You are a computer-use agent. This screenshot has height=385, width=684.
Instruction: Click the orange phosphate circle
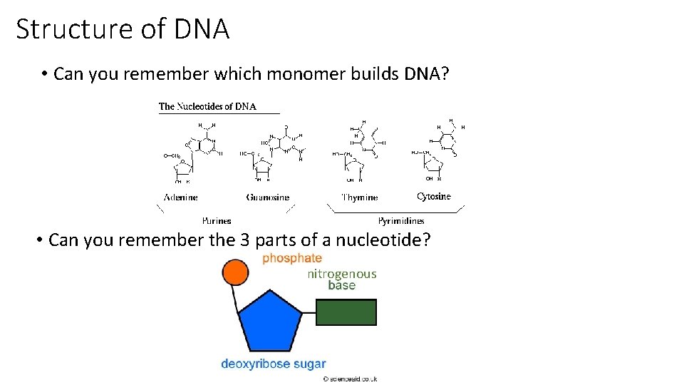click(x=235, y=272)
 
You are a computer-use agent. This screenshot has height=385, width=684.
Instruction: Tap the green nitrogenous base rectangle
click(x=346, y=312)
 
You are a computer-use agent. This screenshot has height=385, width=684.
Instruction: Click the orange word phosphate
click(x=292, y=258)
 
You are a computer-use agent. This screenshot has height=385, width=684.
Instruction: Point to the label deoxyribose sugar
click(x=274, y=364)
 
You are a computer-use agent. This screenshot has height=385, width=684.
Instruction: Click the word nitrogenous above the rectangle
click(x=342, y=274)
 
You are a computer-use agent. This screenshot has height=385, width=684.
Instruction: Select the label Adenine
click(x=181, y=197)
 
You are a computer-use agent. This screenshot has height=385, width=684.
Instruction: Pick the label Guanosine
click(x=268, y=197)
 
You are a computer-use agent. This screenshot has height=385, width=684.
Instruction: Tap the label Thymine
click(x=360, y=197)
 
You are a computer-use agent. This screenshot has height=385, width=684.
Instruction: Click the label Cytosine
click(x=434, y=196)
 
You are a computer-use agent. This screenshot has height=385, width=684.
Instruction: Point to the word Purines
click(x=217, y=221)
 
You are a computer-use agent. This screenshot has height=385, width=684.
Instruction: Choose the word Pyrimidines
click(x=401, y=221)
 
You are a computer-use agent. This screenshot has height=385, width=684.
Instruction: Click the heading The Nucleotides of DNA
click(x=207, y=107)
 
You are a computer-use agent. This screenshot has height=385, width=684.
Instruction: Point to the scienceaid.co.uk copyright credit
click(x=350, y=379)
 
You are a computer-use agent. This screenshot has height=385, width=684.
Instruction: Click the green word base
click(x=342, y=285)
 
